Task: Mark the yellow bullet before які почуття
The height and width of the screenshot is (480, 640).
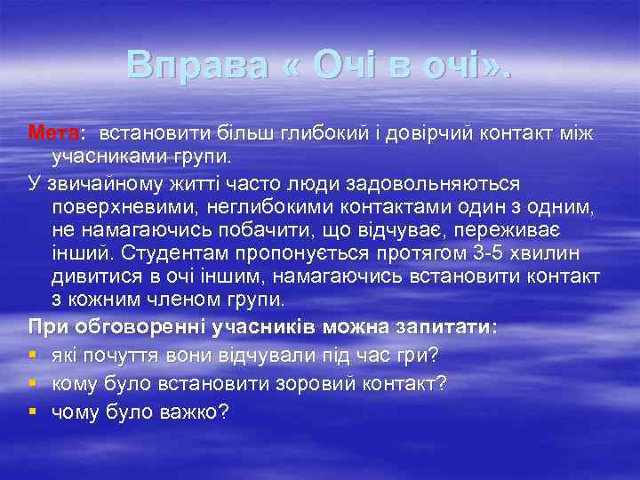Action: point(33,354)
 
